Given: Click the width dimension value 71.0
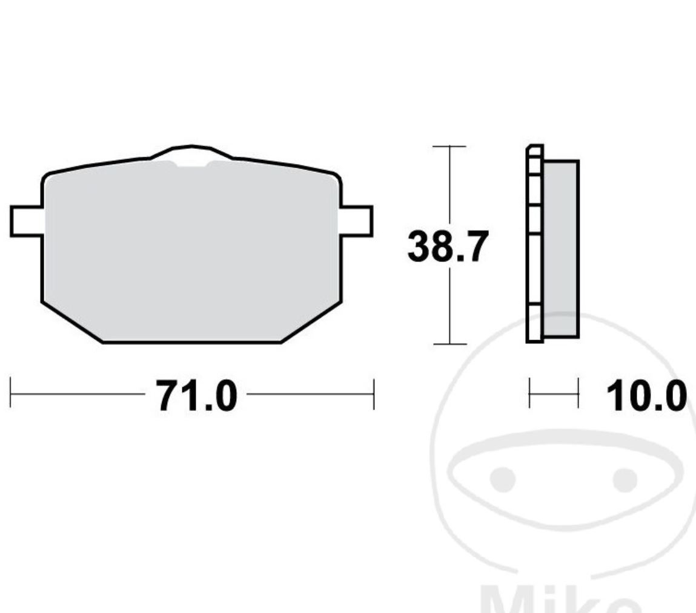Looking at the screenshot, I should pos(196,396).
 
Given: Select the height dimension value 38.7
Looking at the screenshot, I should pos(447,246).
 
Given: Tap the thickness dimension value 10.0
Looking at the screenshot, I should pos(646,396).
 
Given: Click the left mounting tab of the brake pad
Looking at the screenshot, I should pos(26,221).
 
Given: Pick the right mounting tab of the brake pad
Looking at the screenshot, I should pos(357,221).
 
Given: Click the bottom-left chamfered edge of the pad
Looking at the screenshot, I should pos(72,322).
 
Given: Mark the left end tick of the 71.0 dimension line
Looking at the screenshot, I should pos(11,394).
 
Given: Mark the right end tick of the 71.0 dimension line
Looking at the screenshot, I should pos(374,394).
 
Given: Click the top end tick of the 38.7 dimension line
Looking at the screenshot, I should pos(449,146).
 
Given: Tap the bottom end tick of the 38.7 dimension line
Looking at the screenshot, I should pos(449,344).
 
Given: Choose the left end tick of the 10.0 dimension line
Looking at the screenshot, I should pos(529,394).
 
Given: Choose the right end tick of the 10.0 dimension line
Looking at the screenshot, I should pos(578,394).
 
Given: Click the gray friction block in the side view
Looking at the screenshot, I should pos(561,248).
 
